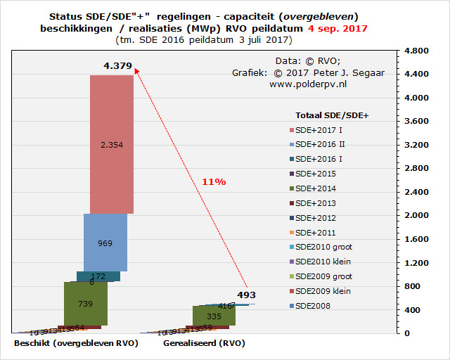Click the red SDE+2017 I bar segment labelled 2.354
click(112, 144)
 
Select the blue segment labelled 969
click(105, 243)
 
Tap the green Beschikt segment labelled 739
click(85, 303)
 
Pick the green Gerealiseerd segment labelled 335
click(214, 316)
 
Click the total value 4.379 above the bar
click(117, 66)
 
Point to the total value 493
click(246, 295)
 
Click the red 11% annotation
click(214, 182)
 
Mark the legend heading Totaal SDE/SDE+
click(333, 114)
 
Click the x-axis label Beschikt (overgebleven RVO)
click(75, 343)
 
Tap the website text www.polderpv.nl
click(308, 84)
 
